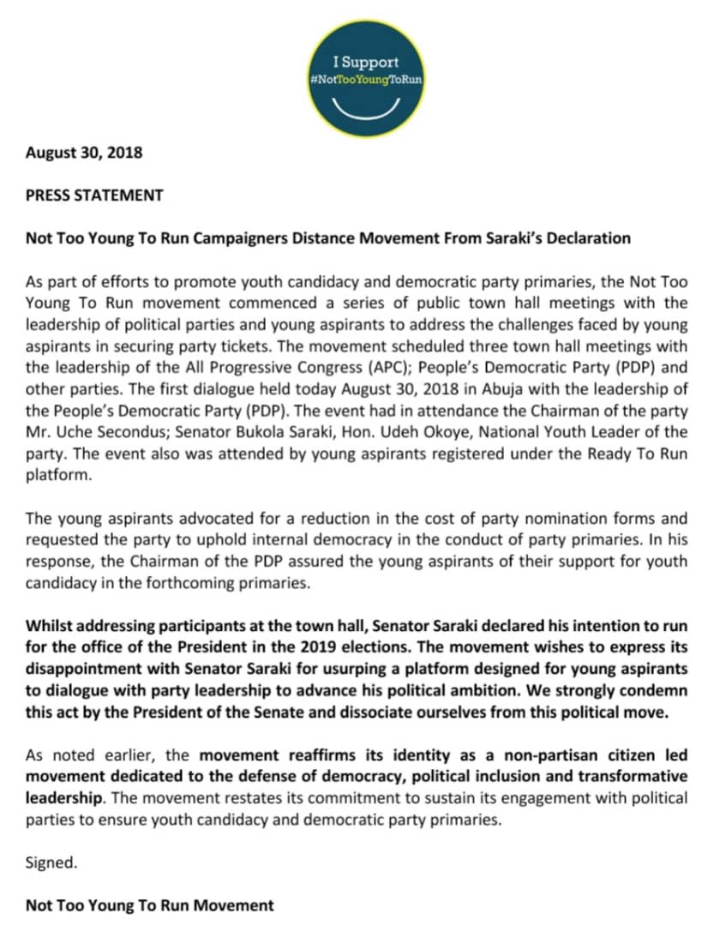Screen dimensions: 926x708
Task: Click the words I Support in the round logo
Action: tap(366, 63)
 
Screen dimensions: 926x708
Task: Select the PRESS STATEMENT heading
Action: tap(94, 195)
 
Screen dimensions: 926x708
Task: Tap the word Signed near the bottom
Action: tap(51, 863)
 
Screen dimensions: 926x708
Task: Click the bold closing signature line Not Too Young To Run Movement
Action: tap(150, 905)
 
